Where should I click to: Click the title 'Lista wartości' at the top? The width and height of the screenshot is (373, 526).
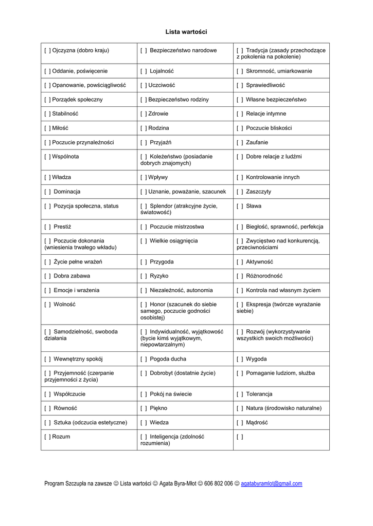pos(186,32)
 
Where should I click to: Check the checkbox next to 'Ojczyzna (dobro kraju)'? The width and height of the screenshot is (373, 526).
pos(47,50)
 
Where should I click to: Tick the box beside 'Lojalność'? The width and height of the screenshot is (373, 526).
pos(144,71)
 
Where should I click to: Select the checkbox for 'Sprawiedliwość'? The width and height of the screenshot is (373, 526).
pos(240,85)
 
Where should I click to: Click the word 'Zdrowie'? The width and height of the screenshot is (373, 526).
pos(158,114)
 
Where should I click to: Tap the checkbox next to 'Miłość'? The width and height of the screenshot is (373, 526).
pos(47,128)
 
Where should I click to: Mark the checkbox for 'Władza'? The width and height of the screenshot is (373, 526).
pos(47,178)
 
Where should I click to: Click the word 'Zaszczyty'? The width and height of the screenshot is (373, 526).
pos(258,192)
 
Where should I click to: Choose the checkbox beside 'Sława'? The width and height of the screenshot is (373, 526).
pos(240,206)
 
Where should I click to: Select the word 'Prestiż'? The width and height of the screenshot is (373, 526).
pos(62,227)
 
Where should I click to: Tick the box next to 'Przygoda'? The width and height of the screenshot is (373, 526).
pos(144,262)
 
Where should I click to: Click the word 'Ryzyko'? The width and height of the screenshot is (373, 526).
pos(159,276)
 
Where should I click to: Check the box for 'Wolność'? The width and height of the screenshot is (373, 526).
pos(47,305)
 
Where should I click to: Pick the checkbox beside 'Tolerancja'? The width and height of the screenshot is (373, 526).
pos(240,394)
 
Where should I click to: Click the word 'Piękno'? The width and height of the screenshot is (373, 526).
pos(158,409)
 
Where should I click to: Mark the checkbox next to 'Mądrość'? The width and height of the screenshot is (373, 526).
pos(240,423)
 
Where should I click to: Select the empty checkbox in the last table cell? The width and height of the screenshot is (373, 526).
pos(240,437)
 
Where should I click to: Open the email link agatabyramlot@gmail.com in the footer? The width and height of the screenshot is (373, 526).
pos(271,484)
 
